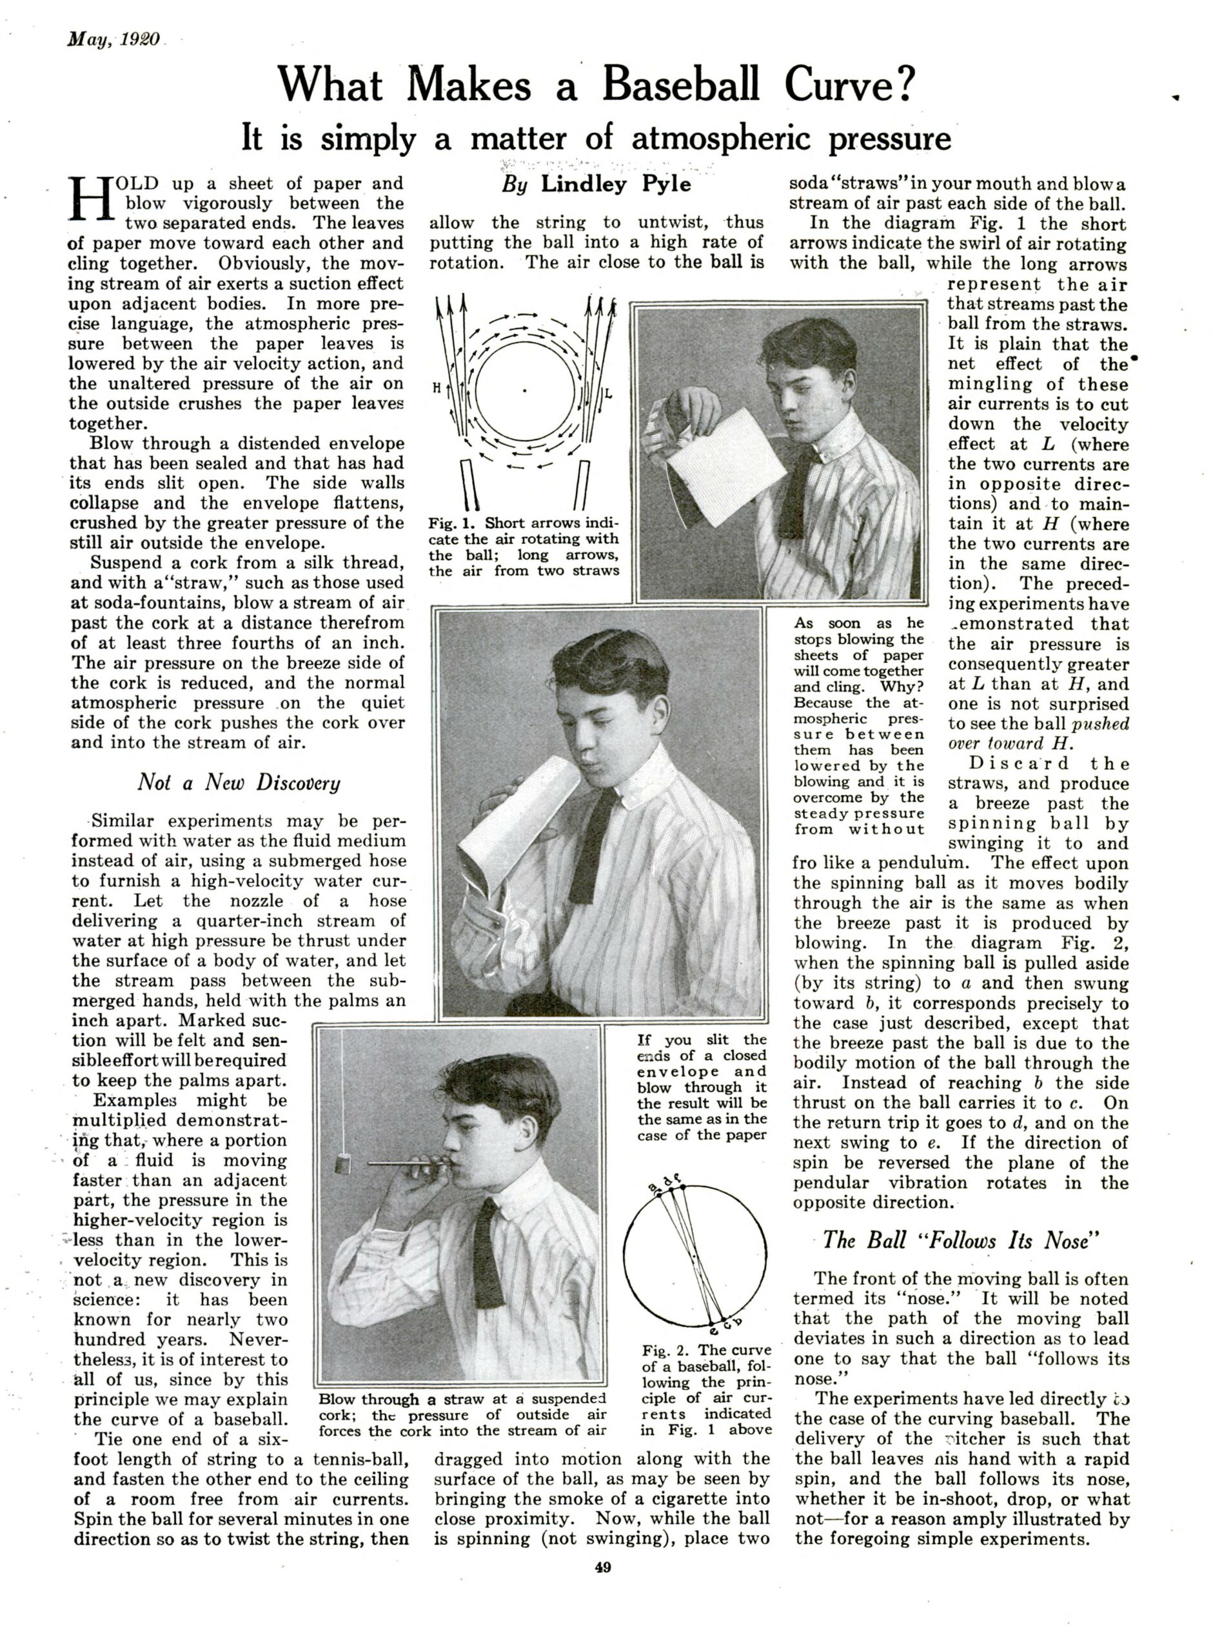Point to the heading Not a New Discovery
239,782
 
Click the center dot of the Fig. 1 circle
524,389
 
